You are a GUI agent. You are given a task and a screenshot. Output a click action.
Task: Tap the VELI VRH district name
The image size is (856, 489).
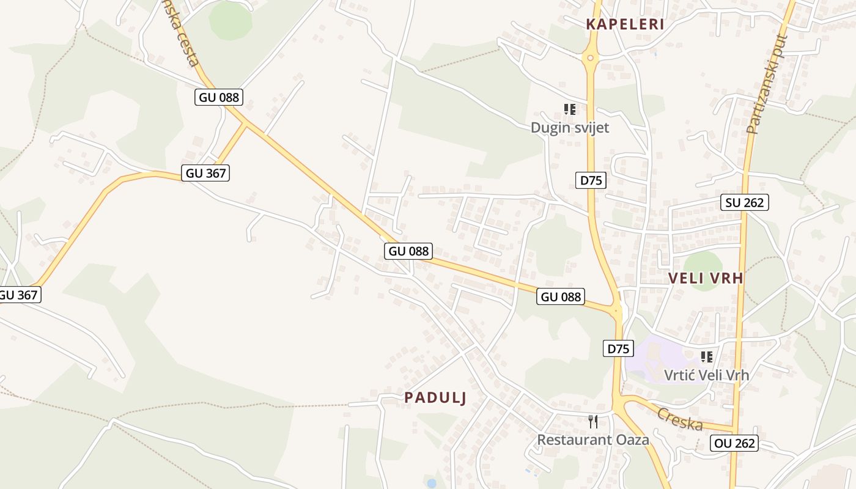tap(706, 278)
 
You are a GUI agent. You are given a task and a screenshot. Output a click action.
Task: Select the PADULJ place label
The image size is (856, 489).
tap(435, 398)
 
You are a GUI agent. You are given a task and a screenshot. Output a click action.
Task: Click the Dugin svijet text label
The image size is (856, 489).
tap(570, 128)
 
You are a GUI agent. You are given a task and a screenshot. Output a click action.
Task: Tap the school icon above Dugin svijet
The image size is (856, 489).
tap(570, 110)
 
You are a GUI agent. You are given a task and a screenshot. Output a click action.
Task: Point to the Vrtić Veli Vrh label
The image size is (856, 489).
tap(707, 375)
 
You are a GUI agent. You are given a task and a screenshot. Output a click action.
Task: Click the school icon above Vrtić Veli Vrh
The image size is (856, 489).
tap(707, 356)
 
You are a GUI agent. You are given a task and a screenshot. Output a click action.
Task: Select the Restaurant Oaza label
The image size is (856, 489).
tap(593, 439)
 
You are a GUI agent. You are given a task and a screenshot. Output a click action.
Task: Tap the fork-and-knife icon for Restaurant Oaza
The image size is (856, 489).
tap(593, 422)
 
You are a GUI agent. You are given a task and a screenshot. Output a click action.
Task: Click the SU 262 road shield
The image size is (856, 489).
tap(745, 202)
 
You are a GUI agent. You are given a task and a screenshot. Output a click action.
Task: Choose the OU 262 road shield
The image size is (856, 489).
tap(734, 443)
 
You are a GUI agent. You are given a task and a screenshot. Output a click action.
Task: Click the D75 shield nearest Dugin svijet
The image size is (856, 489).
tap(591, 180)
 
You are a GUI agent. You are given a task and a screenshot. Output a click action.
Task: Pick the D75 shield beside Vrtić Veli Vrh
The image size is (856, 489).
tap(618, 349)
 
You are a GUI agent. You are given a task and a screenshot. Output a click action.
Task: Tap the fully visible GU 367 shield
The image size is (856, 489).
tap(206, 173)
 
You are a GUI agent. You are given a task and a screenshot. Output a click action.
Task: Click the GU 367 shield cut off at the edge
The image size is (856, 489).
tap(18, 295)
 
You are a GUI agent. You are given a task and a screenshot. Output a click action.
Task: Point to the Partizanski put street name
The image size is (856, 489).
tap(768, 84)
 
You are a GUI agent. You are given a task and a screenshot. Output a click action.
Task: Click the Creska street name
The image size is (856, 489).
tap(679, 419)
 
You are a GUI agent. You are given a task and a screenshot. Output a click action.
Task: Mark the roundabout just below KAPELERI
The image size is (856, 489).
tap(590, 59)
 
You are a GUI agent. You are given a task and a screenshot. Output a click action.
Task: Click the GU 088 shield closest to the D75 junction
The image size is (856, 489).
tap(561, 297)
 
